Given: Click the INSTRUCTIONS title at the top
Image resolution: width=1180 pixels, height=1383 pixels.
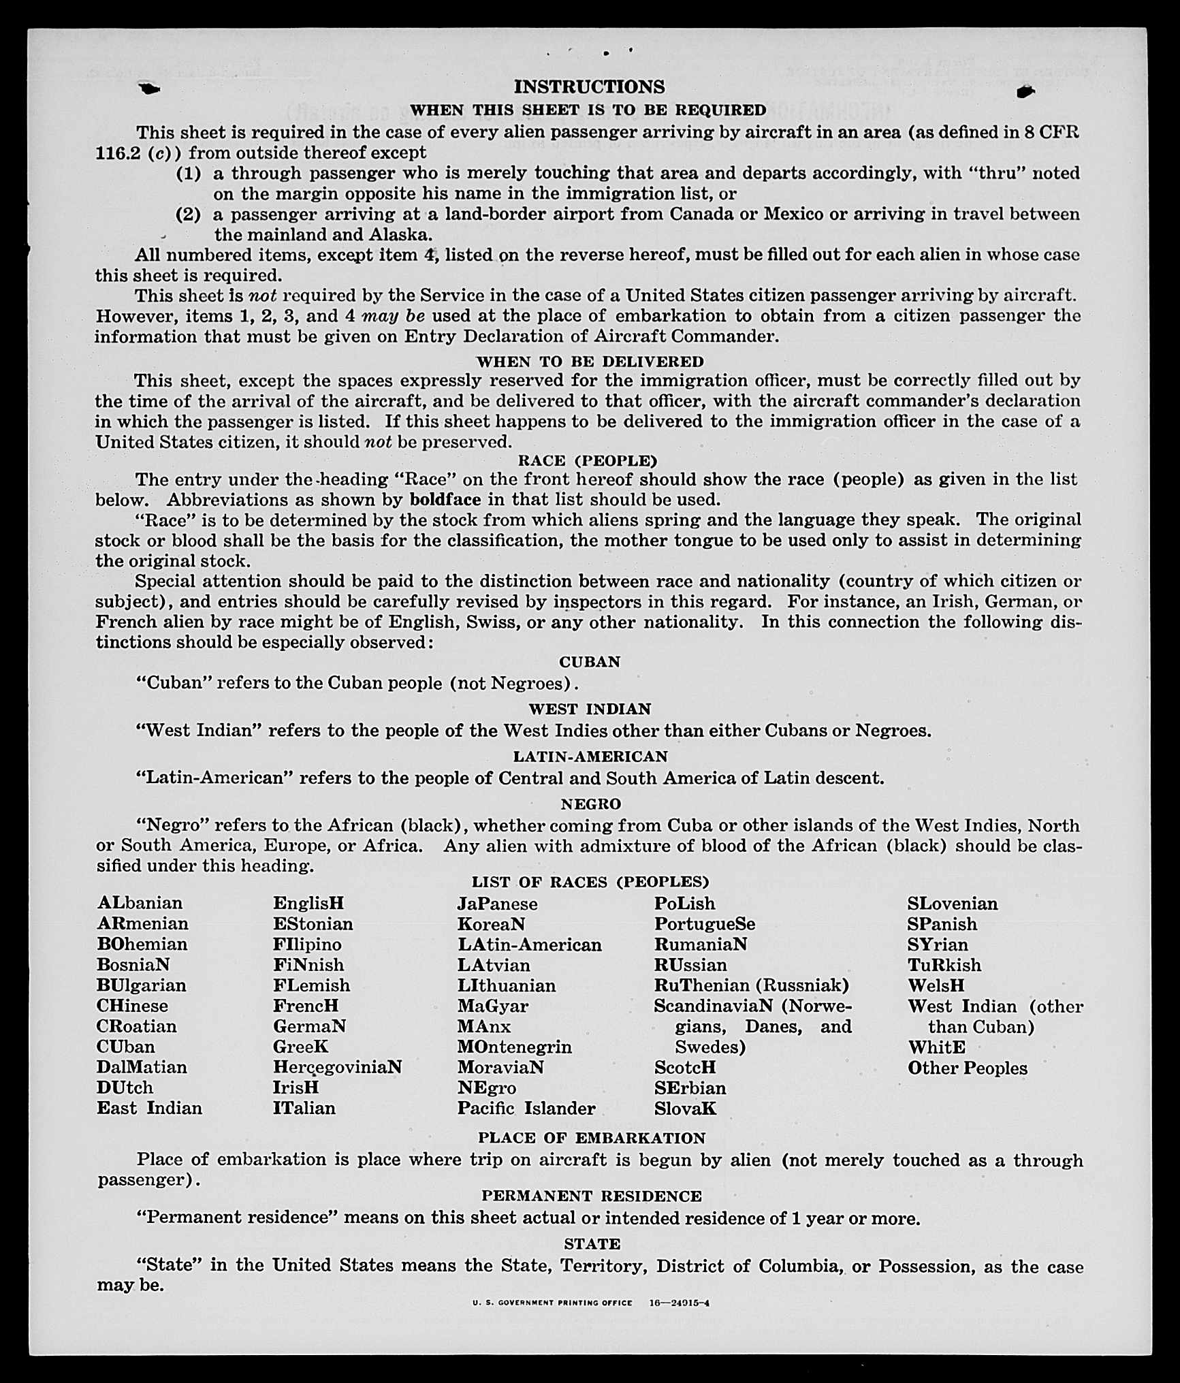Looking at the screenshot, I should pos(589,86).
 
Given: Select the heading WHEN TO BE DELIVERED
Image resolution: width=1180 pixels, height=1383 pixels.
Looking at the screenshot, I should pos(590,361).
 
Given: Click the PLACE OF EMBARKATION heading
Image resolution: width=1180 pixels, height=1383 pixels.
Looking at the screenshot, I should pos(591,1138).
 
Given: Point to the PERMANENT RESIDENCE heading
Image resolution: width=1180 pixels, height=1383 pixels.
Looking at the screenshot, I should pos(591,1196).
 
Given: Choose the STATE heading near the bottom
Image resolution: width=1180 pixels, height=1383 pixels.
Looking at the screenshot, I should pos(592,1243).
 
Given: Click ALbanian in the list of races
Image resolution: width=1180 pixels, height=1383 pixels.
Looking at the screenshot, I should pos(140,903).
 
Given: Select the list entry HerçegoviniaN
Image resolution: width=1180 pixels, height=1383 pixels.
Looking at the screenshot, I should pos(337,1066).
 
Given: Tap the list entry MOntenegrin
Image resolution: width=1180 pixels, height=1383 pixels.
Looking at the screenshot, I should pos(514,1046).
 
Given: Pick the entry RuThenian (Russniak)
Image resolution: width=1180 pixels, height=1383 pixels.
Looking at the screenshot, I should pos(751,985).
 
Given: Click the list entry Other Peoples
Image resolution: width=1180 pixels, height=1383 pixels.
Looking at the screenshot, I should pos(967,1067).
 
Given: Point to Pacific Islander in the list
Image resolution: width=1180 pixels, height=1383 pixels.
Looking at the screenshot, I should pos(526,1108).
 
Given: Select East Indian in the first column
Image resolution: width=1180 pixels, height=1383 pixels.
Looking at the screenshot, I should pos(149,1108).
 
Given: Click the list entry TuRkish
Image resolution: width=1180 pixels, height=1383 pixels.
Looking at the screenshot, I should pos(944,965).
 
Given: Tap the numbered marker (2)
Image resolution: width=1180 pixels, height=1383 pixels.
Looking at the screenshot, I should pos(188,214).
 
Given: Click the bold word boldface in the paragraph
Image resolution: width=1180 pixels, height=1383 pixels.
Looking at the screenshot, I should pos(445,499).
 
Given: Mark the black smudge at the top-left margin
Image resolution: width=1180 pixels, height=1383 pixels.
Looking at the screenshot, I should pos(149,89).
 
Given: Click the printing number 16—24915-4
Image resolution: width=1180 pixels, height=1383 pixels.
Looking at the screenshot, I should pos(679,1303).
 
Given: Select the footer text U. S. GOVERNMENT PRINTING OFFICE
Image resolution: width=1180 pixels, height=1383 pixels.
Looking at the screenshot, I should pos(552,1303).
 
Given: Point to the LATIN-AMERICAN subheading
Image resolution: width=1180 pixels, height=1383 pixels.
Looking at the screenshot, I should pos(590,756).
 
